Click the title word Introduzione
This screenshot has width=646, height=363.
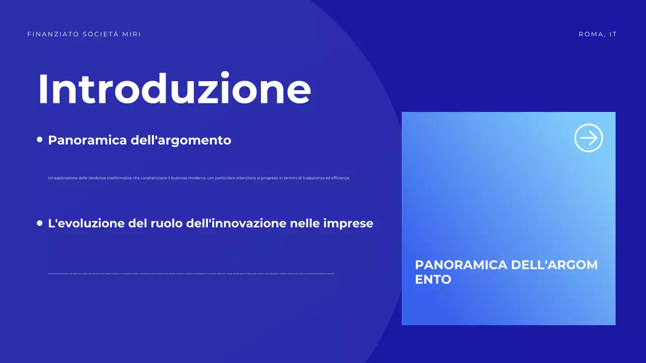point(174,89)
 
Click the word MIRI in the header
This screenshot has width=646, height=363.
point(132,34)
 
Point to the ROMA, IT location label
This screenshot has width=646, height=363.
point(598,34)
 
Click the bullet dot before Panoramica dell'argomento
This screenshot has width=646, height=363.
point(40,140)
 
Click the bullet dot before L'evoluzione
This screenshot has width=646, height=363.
point(40,223)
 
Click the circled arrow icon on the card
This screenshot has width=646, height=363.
point(588,138)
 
